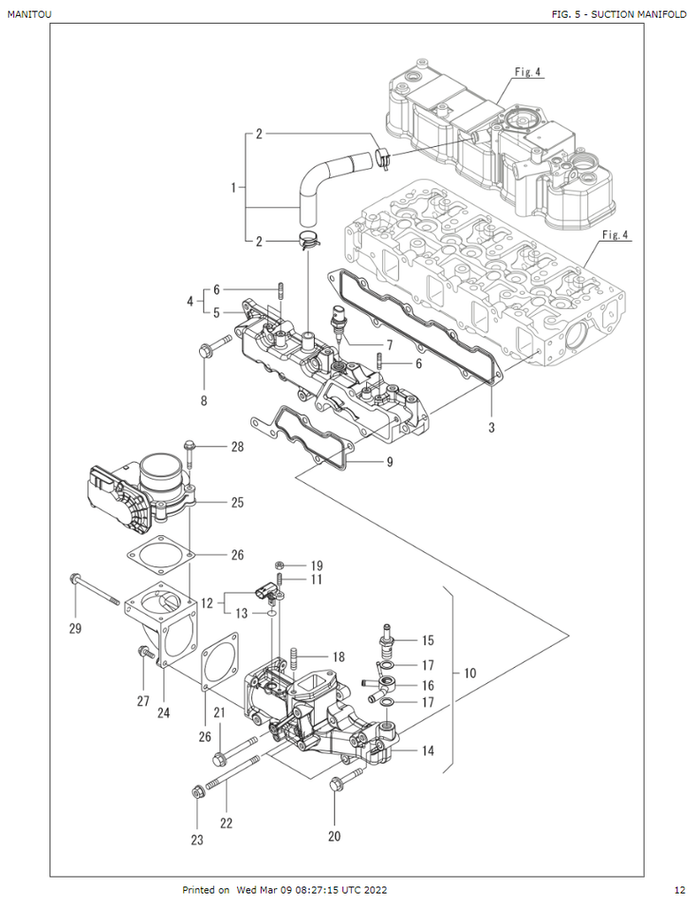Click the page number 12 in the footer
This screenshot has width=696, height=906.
click(679, 889)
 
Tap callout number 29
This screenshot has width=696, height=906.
click(75, 629)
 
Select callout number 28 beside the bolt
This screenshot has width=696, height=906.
click(237, 447)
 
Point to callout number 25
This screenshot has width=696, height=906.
click(237, 503)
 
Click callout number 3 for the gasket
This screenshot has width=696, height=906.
click(492, 427)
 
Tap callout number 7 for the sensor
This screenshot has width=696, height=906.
click(204, 401)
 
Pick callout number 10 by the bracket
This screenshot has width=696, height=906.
click(469, 673)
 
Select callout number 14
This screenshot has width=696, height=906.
click(428, 750)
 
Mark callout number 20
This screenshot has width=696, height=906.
click(334, 834)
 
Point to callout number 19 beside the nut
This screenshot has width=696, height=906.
click(316, 564)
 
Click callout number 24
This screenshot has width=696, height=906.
click(163, 712)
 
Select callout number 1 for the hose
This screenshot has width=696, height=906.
click(233, 188)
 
